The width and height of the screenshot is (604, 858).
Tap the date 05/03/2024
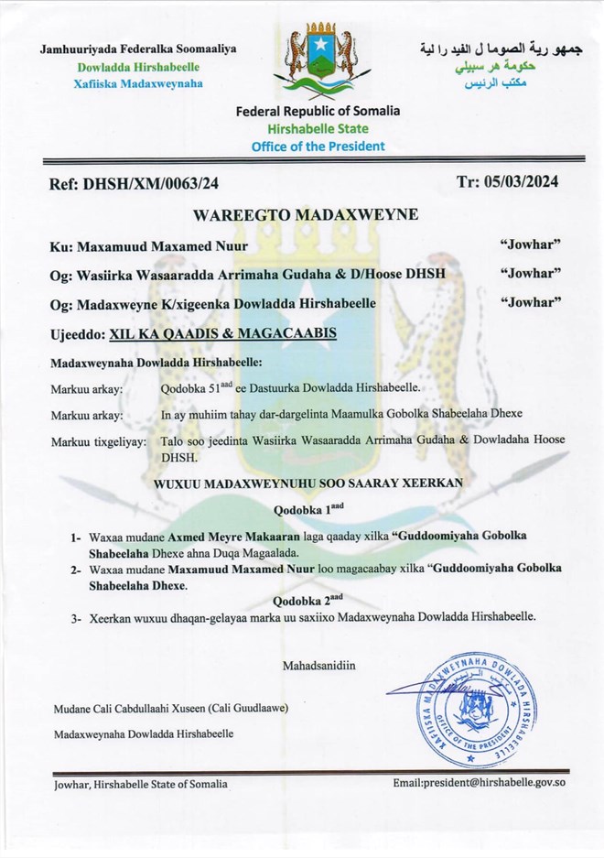click(x=522, y=181)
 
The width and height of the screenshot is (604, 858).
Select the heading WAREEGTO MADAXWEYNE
click(x=306, y=215)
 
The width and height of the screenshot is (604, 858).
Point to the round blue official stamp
click(x=461, y=710)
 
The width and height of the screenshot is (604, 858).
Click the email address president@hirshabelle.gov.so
click(x=475, y=784)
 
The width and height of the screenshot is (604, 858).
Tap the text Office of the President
click(x=318, y=146)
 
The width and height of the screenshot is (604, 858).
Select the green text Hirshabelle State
click(x=318, y=129)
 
